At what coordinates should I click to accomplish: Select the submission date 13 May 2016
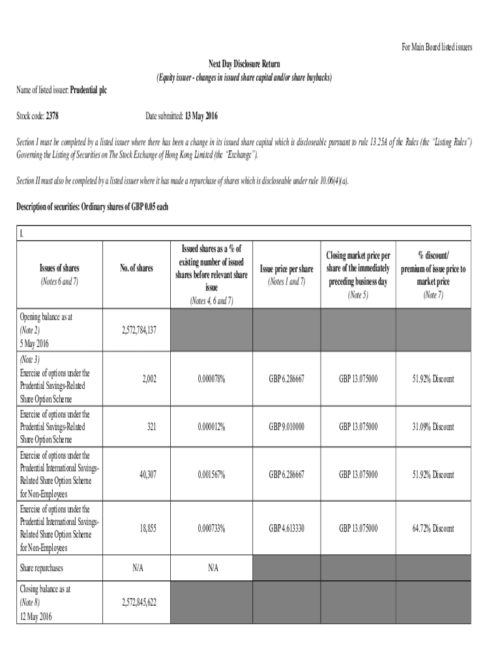(200, 117)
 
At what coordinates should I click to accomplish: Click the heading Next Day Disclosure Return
(244, 63)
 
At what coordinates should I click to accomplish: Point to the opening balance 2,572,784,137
(139, 330)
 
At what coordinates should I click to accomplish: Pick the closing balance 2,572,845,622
(139, 603)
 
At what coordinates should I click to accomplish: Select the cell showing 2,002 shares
(147, 378)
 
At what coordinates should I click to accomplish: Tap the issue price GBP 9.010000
(287, 427)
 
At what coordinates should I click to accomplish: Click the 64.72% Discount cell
(433, 528)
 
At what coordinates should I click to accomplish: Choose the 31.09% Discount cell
(433, 427)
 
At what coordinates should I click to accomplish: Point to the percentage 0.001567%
(211, 475)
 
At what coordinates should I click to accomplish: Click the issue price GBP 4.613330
(287, 528)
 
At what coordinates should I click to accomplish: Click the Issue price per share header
(287, 268)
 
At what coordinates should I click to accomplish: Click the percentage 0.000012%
(211, 427)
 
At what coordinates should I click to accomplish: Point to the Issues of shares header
(59, 268)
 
